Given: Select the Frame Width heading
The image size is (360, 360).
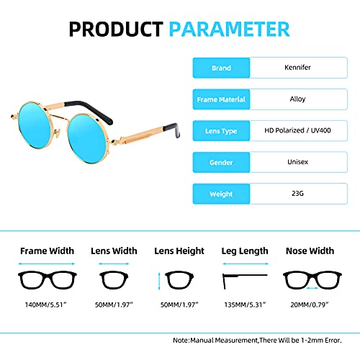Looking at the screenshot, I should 47,251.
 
